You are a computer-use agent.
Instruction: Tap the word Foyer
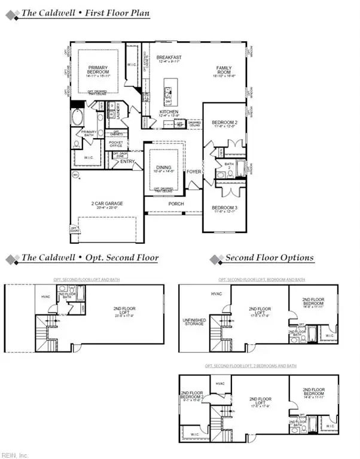click(x=194, y=172)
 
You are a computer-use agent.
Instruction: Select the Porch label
click(x=176, y=204)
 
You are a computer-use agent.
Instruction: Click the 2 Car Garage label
click(x=106, y=203)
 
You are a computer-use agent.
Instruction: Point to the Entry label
click(x=127, y=161)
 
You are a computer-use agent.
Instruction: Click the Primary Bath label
click(x=89, y=133)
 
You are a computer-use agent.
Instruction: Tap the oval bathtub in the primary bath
click(x=78, y=117)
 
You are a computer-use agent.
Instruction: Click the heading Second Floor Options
click(x=269, y=258)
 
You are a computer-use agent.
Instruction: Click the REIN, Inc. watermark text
click(x=16, y=454)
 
